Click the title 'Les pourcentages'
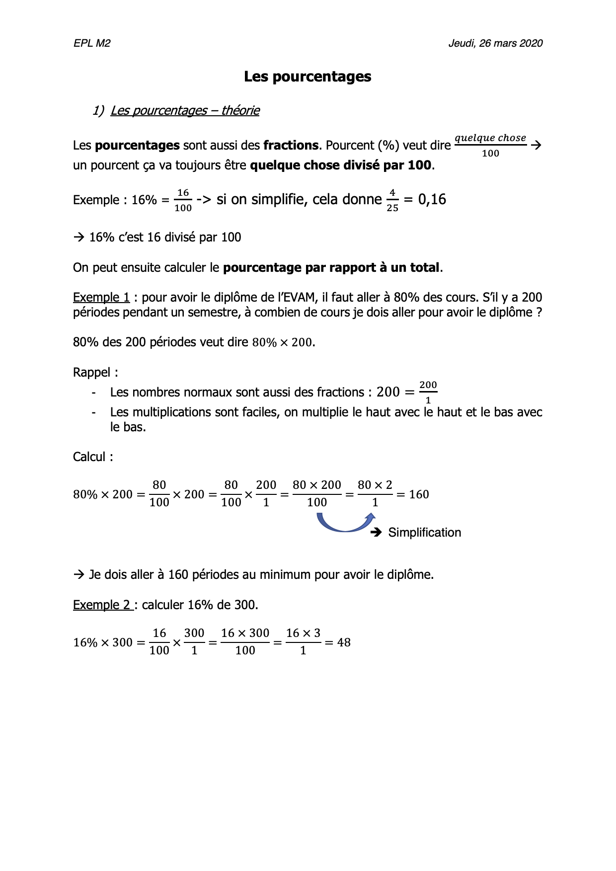coord(308,77)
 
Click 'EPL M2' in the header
coord(92,43)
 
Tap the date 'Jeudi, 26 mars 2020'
coord(495,43)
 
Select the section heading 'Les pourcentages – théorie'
coord(185,110)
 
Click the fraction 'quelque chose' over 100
coord(490,145)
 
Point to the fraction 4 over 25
coord(392,200)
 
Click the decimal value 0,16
coord(432,199)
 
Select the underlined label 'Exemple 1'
coord(101,297)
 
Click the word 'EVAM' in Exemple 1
coord(300,297)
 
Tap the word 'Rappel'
coord(93,372)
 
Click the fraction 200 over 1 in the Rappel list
coord(428,393)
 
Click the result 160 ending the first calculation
coord(419,494)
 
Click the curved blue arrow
coord(345,523)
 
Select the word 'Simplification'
coord(424,533)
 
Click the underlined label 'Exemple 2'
coord(102,605)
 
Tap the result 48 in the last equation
coord(344,642)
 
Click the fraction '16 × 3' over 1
coord(303,642)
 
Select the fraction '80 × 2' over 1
coord(375,494)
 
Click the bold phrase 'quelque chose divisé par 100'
coord(341,165)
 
